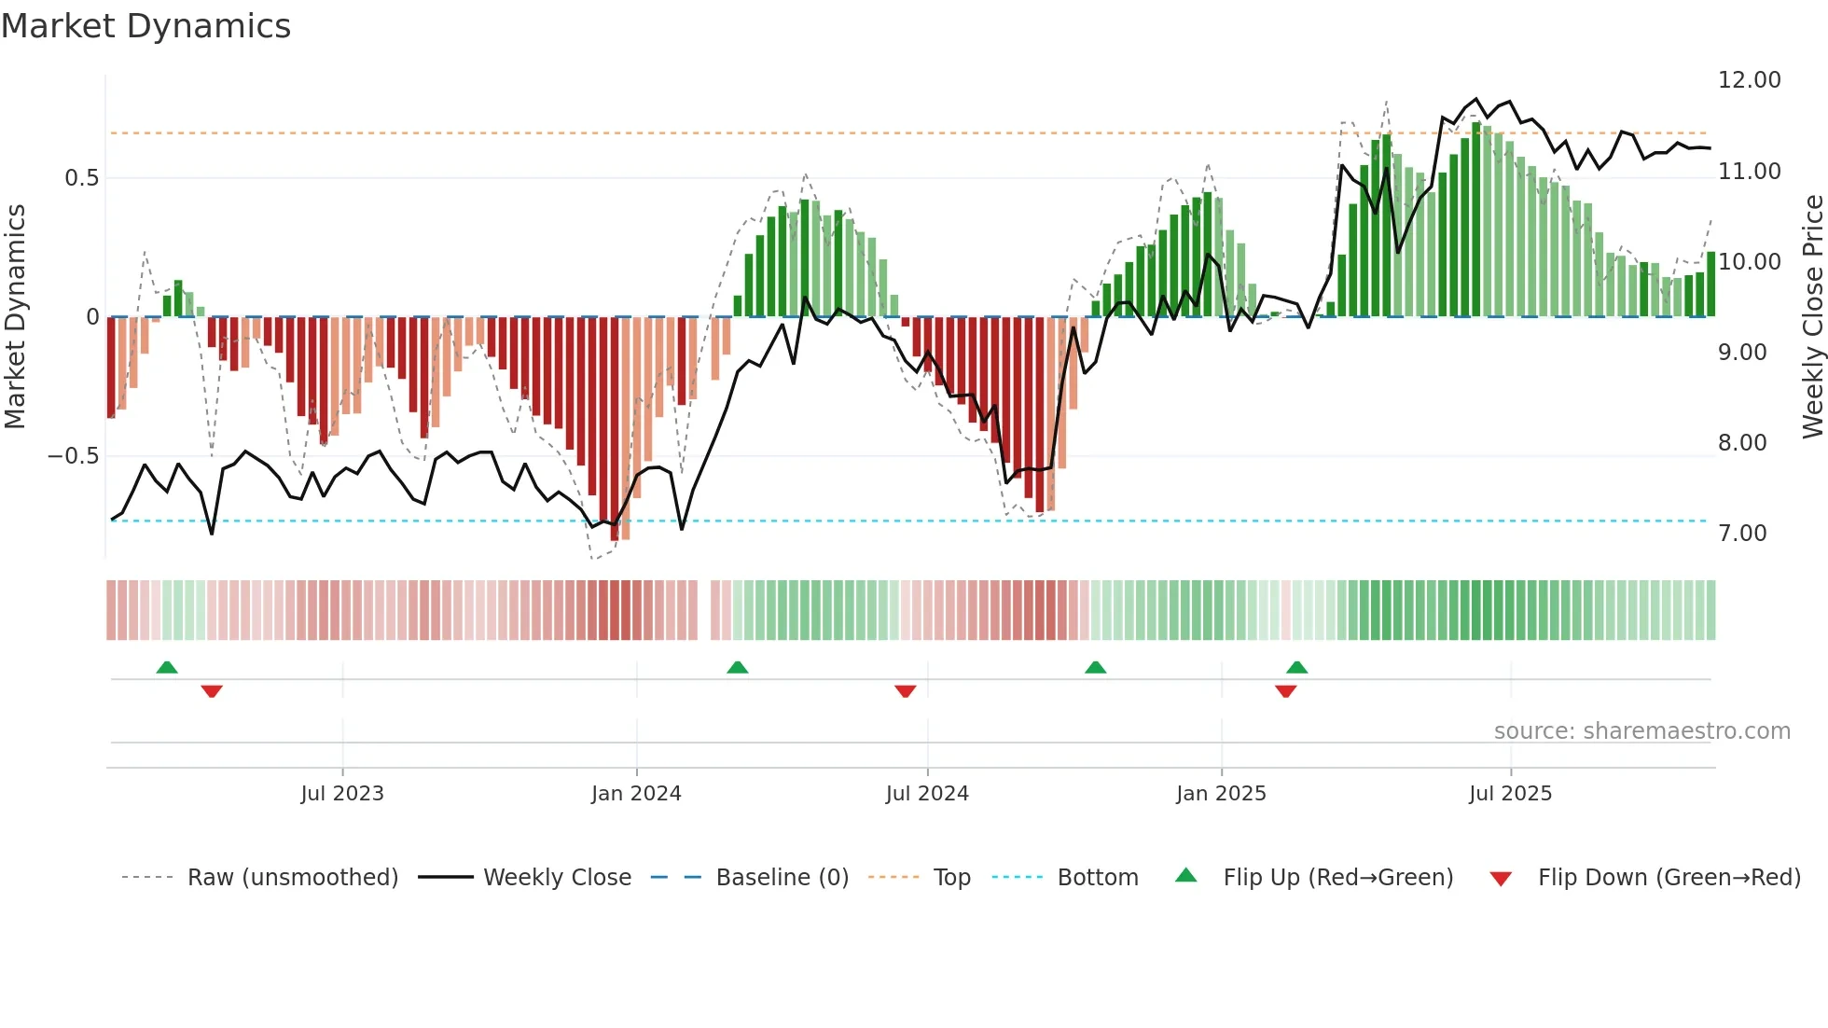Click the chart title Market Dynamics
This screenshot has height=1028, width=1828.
[145, 26]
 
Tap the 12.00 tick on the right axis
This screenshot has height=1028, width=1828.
[1749, 80]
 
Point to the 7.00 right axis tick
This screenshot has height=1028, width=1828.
[1742, 534]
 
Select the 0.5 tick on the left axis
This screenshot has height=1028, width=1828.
[81, 178]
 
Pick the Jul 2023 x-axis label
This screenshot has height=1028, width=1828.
[342, 794]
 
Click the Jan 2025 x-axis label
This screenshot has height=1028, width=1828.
[1221, 794]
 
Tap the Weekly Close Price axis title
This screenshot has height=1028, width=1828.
[1812, 316]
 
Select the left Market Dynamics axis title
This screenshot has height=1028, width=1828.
[15, 316]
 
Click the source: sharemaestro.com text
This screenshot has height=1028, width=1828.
[1641, 731]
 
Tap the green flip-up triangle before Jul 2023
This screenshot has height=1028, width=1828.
[167, 667]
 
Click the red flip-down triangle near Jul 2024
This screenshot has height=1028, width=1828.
[905, 691]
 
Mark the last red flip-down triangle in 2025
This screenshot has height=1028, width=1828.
[1285, 691]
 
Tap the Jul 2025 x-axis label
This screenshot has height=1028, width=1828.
[1510, 794]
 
